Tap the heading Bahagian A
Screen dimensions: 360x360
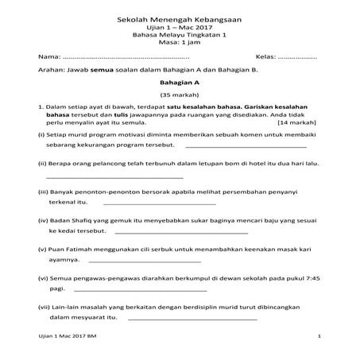[179, 82]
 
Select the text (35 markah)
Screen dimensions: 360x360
[179, 95]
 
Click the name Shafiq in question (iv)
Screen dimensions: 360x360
[83, 218]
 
